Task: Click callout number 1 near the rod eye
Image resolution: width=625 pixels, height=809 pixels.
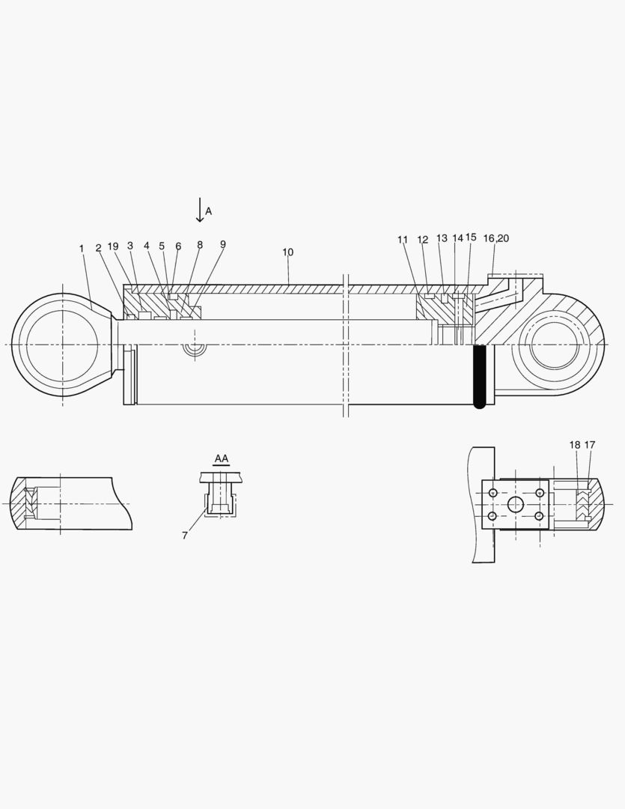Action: tap(82, 248)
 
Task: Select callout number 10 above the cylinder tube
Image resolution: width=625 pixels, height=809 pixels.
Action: tap(288, 252)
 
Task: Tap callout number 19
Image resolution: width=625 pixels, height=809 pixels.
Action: tap(113, 246)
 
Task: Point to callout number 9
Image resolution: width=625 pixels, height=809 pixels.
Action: tap(223, 244)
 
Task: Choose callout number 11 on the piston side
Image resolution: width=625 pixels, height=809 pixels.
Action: tap(403, 240)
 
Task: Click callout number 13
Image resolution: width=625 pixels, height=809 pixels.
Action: tap(442, 238)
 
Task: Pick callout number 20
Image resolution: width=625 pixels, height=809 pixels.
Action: tap(504, 238)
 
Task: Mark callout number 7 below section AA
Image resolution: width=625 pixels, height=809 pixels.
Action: tap(185, 536)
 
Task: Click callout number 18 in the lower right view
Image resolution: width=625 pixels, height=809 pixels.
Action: tap(574, 445)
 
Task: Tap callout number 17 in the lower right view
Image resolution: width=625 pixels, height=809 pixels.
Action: tap(590, 445)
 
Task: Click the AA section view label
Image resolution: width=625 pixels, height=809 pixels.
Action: tap(222, 458)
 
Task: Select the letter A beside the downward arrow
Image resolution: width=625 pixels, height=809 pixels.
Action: tap(209, 212)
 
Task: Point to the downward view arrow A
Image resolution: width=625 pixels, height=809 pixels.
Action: tap(200, 210)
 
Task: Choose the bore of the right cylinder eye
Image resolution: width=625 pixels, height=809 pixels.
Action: tap(555, 345)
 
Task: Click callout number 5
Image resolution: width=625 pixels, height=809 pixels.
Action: tap(162, 246)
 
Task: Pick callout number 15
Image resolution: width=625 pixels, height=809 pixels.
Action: tap(471, 237)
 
